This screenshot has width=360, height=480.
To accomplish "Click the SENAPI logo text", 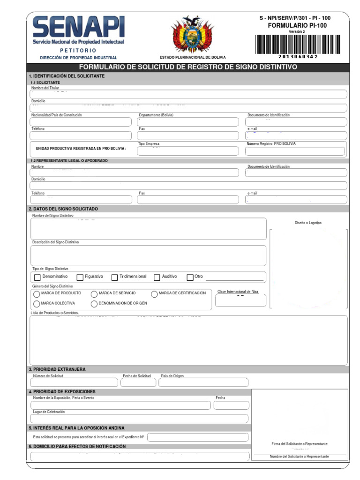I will pyautogui.click(x=78, y=28).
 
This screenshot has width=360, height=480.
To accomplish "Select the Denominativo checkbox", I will pyautogui.click(x=37, y=277).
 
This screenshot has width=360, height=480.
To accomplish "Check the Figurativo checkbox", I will pyautogui.click(x=80, y=277).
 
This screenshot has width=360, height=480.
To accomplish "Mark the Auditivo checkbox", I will pyautogui.click(x=157, y=277).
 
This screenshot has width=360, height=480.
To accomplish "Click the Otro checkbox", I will pyautogui.click(x=190, y=277).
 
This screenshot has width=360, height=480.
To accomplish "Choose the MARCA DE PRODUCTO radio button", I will pyautogui.click(x=37, y=294).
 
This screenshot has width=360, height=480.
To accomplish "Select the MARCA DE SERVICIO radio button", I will pyautogui.click(x=94, y=294).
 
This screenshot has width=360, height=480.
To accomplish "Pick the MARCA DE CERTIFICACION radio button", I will pyautogui.click(x=154, y=294).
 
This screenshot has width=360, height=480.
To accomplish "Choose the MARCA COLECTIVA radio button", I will pyautogui.click(x=37, y=304).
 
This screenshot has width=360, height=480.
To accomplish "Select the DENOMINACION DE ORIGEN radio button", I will pyautogui.click(x=94, y=304).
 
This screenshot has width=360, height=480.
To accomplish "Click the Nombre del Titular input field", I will pyautogui.click(x=188, y=94).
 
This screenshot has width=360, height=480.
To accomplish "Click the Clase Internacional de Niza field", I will pyautogui.click(x=240, y=300).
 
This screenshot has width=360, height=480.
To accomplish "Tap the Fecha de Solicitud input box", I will pyautogui.click(x=138, y=382).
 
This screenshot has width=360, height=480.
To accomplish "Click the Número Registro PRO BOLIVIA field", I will pyautogui.click(x=295, y=151).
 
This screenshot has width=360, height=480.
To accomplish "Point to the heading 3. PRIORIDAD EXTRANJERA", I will pyautogui.click(x=57, y=369).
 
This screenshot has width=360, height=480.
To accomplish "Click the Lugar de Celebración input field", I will pyautogui.click(x=139, y=419).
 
